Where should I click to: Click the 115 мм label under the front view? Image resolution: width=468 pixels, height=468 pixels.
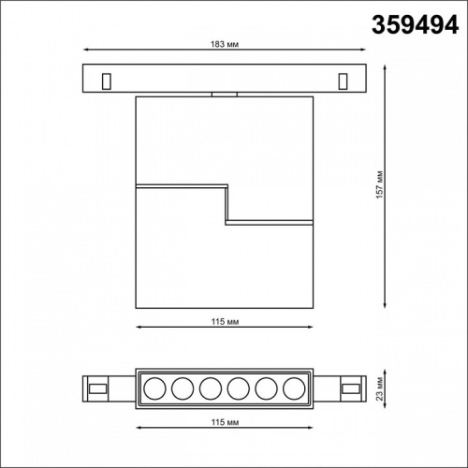coord(225,319)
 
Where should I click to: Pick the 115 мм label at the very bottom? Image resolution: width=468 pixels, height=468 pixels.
coord(225,424)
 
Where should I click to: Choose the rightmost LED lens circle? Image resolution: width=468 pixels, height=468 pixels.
coord(296,387)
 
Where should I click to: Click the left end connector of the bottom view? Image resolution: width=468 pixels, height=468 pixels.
coord(97,387)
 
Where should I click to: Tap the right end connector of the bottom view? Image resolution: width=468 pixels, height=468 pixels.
coord(350,387)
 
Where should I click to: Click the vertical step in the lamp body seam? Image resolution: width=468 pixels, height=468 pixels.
coord(227,204)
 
